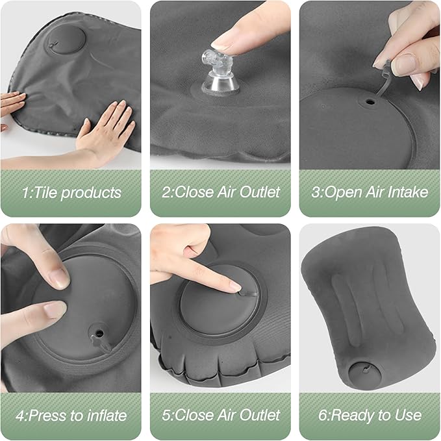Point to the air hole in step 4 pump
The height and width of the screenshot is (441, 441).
(99, 332)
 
